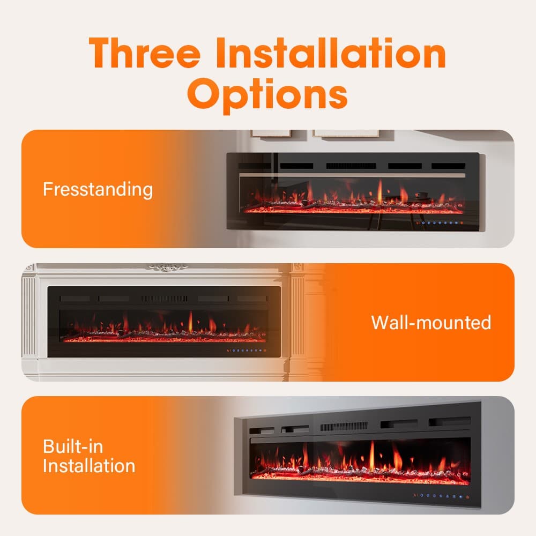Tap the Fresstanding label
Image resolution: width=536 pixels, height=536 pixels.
pyautogui.click(x=98, y=189)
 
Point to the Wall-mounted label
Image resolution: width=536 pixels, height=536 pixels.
pyautogui.click(x=431, y=322)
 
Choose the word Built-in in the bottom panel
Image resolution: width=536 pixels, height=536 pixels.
pyautogui.click(x=73, y=447)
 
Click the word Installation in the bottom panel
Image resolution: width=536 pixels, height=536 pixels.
pyautogui.click(x=89, y=465)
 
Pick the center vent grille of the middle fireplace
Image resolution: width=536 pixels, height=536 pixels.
pyautogui.click(x=164, y=299)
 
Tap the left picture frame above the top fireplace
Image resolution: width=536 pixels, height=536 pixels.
pyautogui.click(x=270, y=132)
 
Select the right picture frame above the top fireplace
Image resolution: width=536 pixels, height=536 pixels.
pyautogui.click(x=346, y=132)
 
